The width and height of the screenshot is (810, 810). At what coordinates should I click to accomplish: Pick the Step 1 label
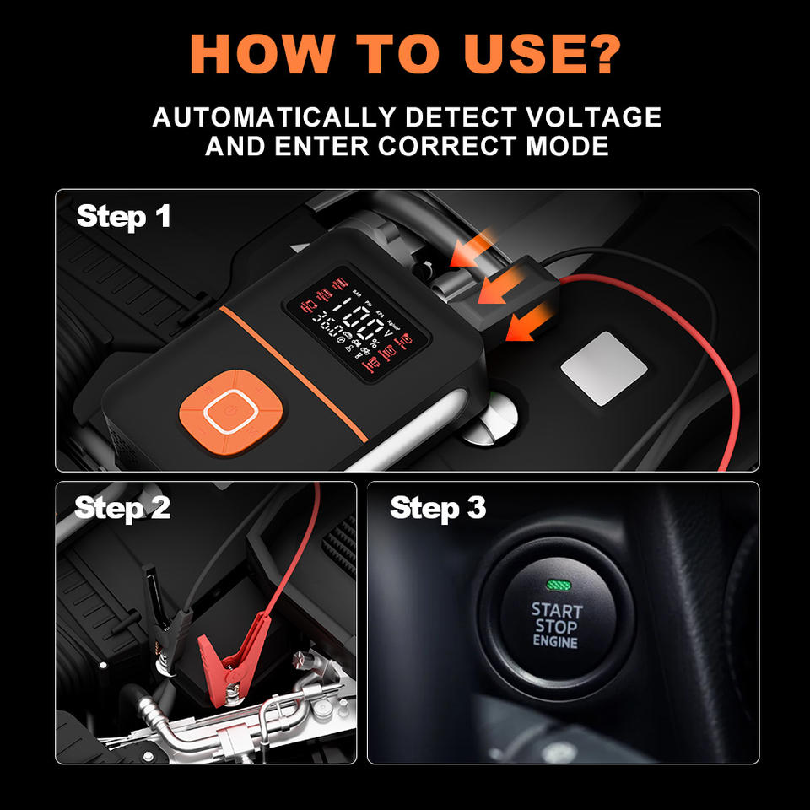124,217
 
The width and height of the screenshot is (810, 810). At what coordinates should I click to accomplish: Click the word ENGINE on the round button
555,642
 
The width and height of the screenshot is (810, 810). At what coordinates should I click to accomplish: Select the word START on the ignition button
556,609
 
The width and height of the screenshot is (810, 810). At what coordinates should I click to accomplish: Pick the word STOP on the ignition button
556,626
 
